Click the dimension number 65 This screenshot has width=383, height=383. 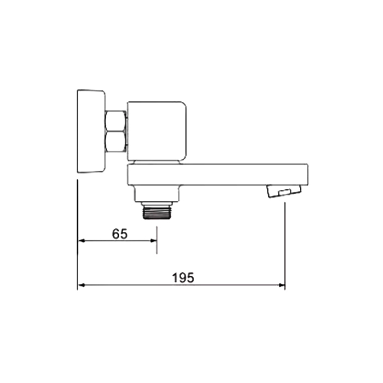tap(120, 234)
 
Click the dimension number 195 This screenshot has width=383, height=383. tap(183, 278)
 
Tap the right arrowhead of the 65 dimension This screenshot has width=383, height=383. tap(153, 241)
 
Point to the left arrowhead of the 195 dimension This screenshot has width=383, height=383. tap(82, 285)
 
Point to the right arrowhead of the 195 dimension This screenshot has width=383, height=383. tap(282, 285)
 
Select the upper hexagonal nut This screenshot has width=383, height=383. tap(115, 121)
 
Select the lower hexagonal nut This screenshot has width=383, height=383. tap(115, 142)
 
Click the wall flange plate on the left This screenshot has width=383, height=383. tap(91, 131)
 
